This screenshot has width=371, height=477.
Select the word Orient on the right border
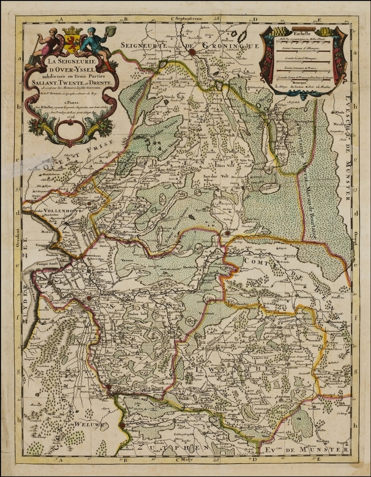(354, 243)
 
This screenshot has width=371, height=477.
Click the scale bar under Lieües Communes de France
(300, 74)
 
